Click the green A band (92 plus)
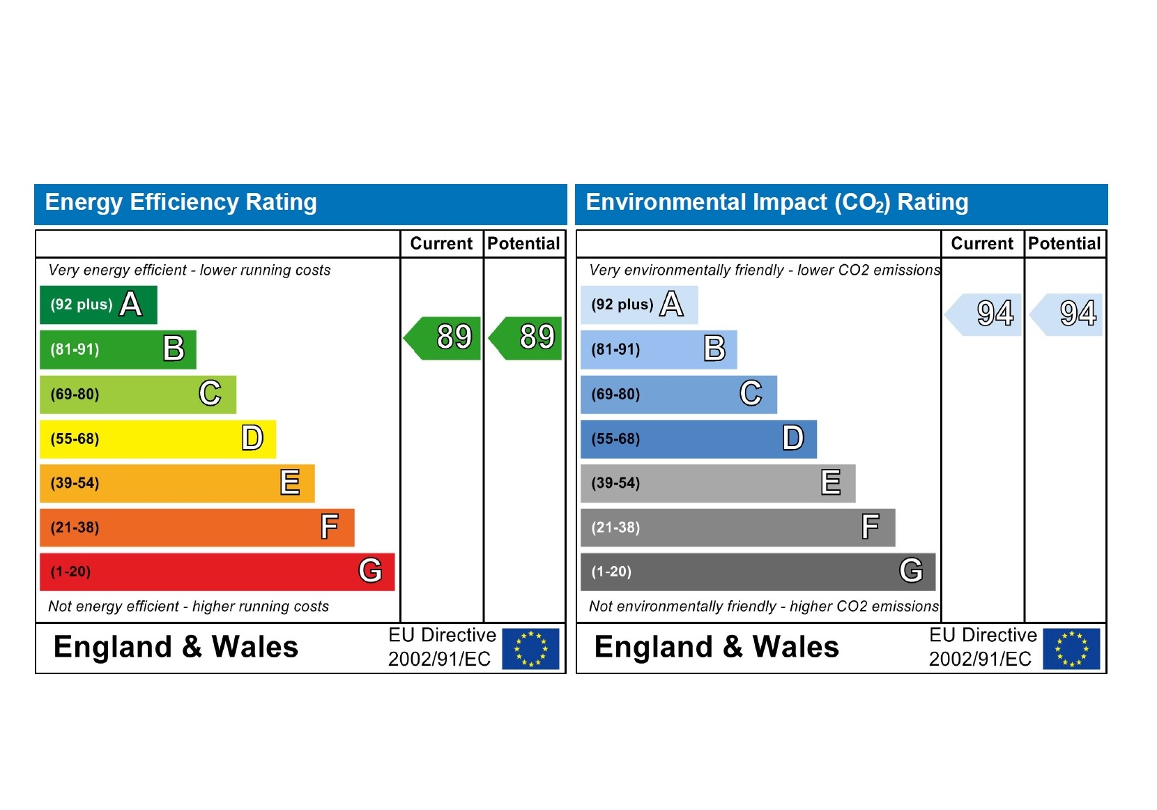pos(98,305)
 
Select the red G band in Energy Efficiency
pos(217,572)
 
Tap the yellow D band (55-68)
pos(158,438)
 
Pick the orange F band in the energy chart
pos(197,527)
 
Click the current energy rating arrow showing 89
pos(444,338)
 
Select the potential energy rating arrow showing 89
pos(527,338)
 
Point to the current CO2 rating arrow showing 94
pos(985,314)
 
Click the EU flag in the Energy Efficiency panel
pos(530,648)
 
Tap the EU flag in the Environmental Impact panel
pos(1071,648)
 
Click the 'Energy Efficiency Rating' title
pos(181,202)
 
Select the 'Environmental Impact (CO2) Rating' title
pos(777,202)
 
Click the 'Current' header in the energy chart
pos(441,243)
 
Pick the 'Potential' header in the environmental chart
pos(1064,243)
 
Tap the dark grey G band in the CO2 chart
pos(758,572)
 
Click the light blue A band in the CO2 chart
pos(639,305)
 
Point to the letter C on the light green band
pos(210,393)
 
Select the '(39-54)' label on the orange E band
pos(75,483)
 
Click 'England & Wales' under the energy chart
pos(176,647)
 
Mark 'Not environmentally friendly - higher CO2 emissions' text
pos(764,606)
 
